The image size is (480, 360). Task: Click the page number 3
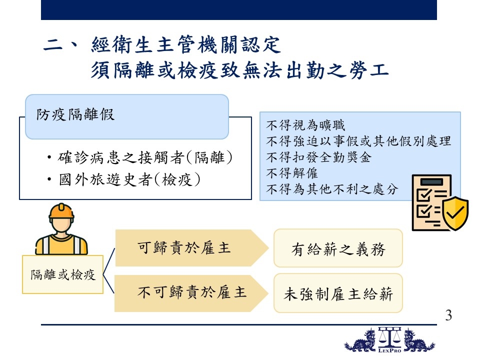click(x=448, y=315)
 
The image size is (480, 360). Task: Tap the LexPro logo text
click(x=389, y=350)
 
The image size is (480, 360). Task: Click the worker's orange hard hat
click(x=61, y=211)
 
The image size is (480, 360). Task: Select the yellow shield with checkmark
click(x=455, y=213)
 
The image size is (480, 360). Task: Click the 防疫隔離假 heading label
click(x=75, y=115)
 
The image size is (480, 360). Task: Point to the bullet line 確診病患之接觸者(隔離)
click(x=140, y=157)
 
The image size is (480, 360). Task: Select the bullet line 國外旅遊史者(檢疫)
click(x=124, y=179)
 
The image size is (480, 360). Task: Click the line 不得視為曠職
click(x=305, y=125)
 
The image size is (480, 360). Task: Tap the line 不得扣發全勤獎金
click(x=318, y=157)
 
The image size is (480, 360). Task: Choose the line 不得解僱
click(x=292, y=173)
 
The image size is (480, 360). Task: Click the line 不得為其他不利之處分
click(x=332, y=189)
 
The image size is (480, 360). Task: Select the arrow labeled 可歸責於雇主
click(x=192, y=248)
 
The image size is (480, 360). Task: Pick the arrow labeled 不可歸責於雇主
click(x=191, y=293)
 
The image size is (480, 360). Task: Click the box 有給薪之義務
click(x=338, y=248)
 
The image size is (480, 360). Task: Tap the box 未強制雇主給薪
click(x=338, y=293)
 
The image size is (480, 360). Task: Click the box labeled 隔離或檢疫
click(x=63, y=274)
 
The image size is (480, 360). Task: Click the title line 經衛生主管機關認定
click(x=186, y=44)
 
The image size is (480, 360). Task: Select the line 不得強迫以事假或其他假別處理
click(x=358, y=141)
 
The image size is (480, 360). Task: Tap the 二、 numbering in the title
click(x=61, y=44)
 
